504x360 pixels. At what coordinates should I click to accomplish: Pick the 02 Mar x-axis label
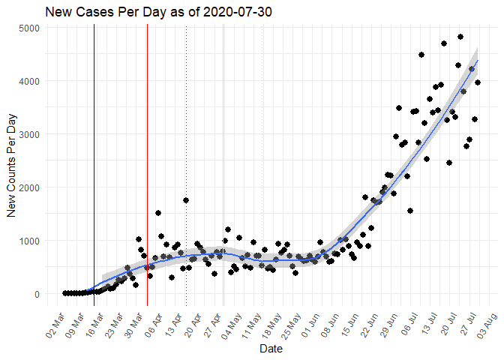point(56,319)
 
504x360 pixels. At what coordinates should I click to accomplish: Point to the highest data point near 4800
point(460,37)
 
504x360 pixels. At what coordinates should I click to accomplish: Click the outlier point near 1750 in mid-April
point(185,200)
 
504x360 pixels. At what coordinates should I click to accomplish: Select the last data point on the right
point(478,82)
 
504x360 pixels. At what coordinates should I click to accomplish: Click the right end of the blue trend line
point(478,60)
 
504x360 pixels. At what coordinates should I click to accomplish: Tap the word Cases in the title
point(95,13)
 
